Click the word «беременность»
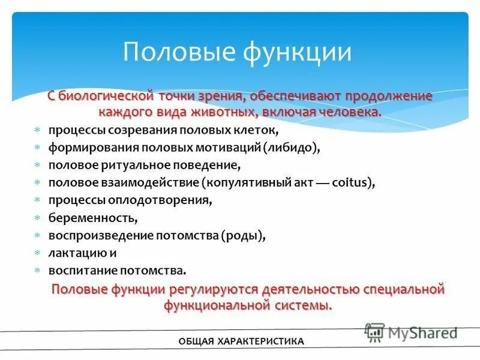coord(94,217)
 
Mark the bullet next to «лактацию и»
coord(37,253)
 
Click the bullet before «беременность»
coord(37,217)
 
